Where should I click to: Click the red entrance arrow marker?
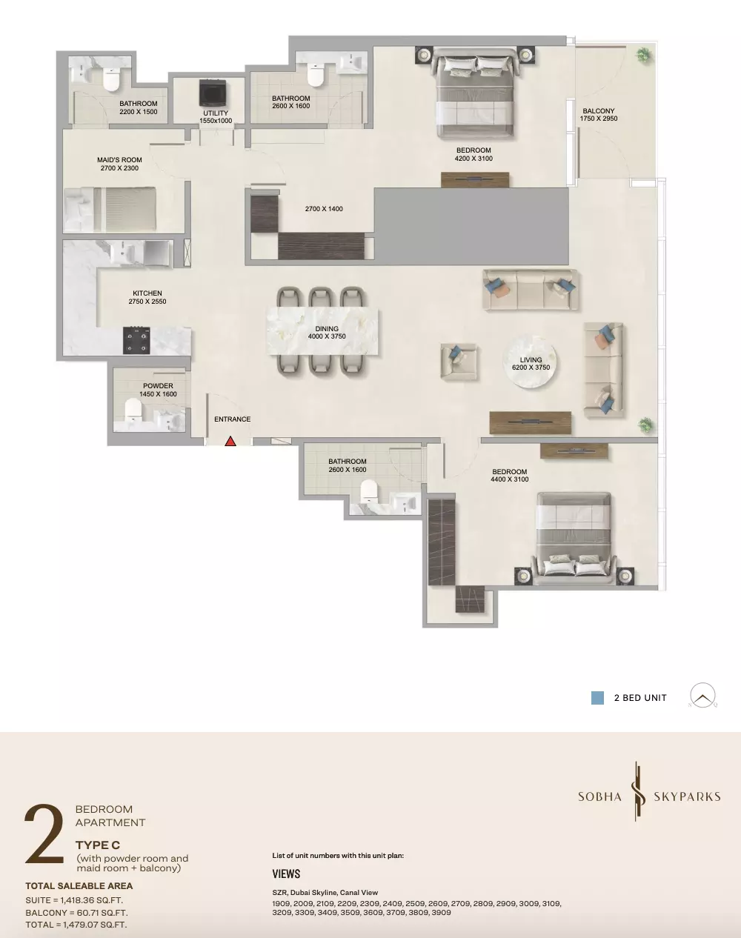tap(230, 442)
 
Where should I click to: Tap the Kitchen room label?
tap(147, 297)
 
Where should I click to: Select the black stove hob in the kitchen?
tap(136, 340)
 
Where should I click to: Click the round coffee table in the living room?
tap(530, 362)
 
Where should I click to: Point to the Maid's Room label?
tap(119, 164)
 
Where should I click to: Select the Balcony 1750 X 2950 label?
tap(599, 115)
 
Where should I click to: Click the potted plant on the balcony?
tap(643, 56)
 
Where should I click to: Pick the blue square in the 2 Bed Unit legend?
tap(597, 698)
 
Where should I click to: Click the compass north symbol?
tap(702, 695)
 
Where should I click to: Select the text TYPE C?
tap(98, 845)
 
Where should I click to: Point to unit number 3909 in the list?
tap(440, 912)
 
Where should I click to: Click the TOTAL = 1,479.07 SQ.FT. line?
tap(76, 925)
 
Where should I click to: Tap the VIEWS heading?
tap(286, 874)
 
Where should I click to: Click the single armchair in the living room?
tap(459, 361)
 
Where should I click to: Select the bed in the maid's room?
tap(110, 210)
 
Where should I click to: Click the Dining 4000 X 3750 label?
tap(327, 333)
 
